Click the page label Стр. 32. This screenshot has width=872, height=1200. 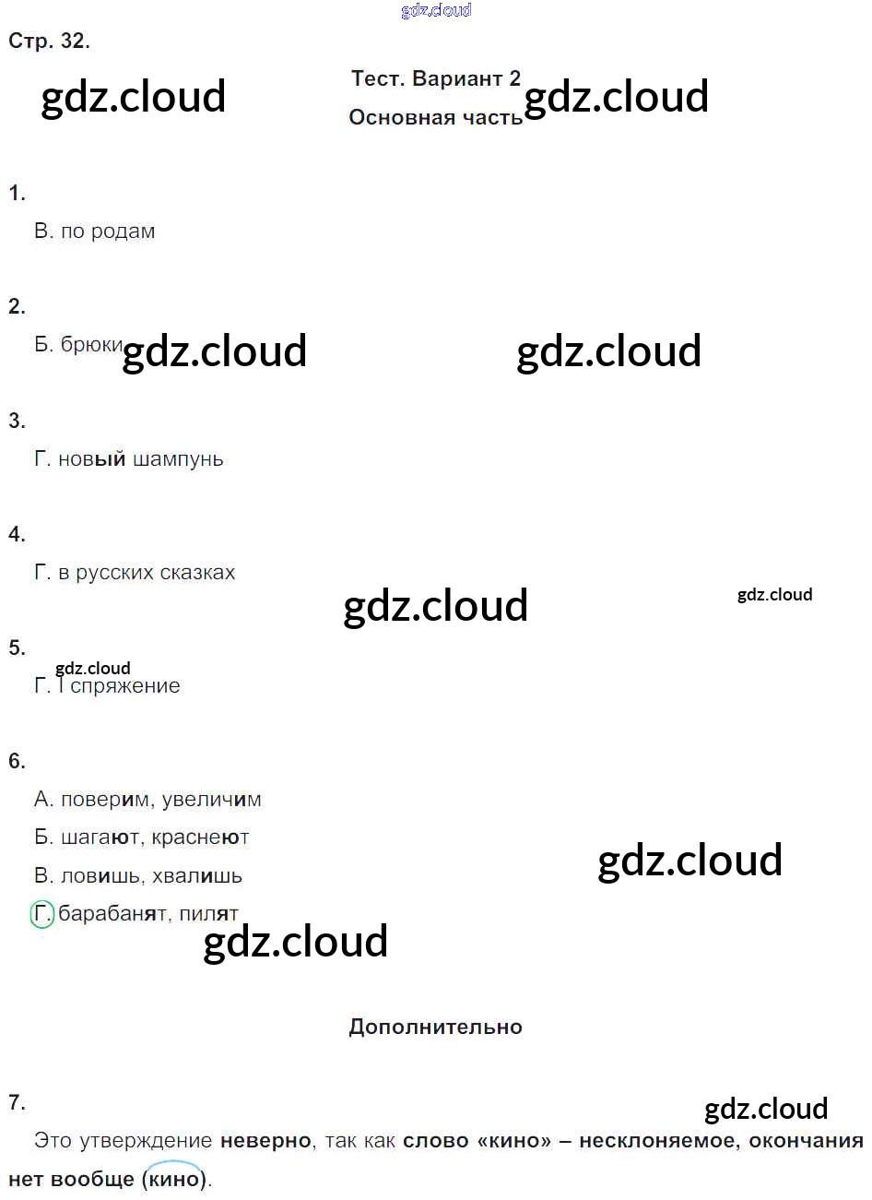(49, 42)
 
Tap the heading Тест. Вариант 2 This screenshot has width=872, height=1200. (435, 79)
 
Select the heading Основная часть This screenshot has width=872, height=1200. (435, 118)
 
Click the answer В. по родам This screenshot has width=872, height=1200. (94, 232)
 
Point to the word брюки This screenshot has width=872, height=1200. (91, 345)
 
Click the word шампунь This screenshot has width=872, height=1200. (178, 459)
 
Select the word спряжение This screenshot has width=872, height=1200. (125, 686)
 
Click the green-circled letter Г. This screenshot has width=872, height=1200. (42, 914)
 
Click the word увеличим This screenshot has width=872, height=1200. (211, 800)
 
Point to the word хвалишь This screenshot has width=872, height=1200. (196, 876)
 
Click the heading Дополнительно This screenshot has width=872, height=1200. (435, 1028)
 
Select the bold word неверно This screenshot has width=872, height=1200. (265, 1141)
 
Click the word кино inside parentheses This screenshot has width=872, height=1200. (174, 1179)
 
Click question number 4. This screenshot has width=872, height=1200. (17, 535)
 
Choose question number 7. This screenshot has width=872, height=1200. (17, 1102)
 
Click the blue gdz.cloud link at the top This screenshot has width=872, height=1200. (436, 10)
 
